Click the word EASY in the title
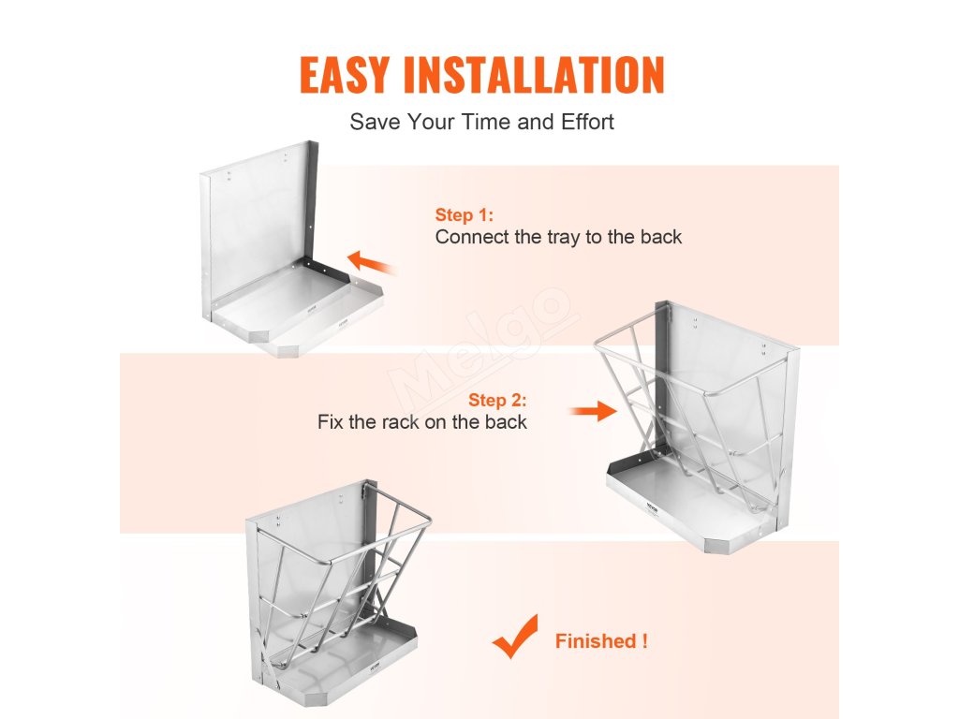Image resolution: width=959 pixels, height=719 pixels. [344, 75]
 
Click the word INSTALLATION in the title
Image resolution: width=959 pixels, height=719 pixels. [534, 75]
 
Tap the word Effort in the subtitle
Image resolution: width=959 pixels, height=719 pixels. [588, 122]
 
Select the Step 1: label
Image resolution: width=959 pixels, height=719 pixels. [465, 214]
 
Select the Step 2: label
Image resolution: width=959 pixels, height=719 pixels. [497, 400]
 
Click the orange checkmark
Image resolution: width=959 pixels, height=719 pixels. [516, 637]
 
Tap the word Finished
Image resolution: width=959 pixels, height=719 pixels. [597, 640]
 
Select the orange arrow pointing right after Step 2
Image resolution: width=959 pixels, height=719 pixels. [594, 411]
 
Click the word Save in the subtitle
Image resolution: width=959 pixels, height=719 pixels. [376, 122]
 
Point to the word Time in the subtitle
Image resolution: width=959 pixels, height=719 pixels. [487, 122]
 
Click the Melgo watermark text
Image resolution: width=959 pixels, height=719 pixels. [483, 348]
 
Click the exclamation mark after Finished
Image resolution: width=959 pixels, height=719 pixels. [644, 640]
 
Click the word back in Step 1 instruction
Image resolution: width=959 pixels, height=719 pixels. [661, 237]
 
